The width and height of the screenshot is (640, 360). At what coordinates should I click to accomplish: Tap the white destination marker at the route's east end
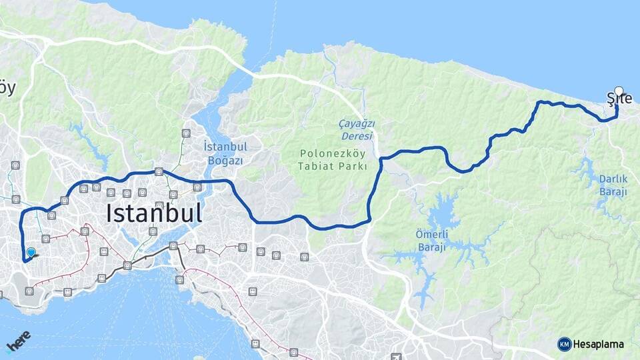pos(619,92)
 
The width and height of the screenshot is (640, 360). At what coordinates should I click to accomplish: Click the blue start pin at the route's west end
pos(31,253)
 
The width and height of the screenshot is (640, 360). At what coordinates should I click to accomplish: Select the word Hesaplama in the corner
pos(599,345)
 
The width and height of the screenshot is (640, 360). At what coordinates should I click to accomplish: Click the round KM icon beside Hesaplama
pos(565,345)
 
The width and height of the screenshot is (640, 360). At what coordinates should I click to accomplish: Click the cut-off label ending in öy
pos(7,88)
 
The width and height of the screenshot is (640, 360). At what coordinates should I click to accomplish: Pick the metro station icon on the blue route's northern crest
pos(159,171)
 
